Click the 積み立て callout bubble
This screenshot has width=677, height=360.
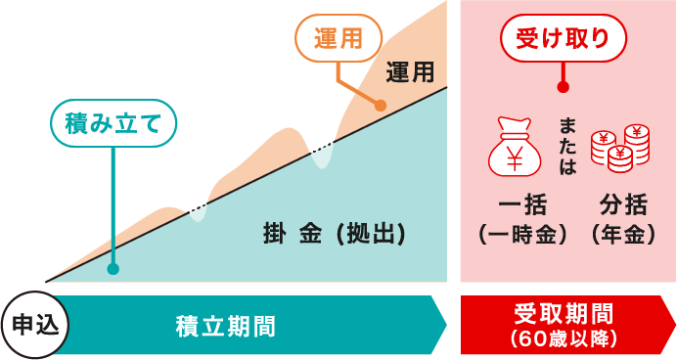(x=113, y=125)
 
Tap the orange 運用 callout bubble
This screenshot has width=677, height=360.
(x=337, y=39)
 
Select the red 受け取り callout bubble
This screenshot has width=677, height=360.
(x=563, y=39)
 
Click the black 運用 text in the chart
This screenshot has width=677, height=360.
(x=409, y=72)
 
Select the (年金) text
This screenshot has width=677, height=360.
(x=622, y=235)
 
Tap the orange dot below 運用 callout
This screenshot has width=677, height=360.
(x=381, y=106)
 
